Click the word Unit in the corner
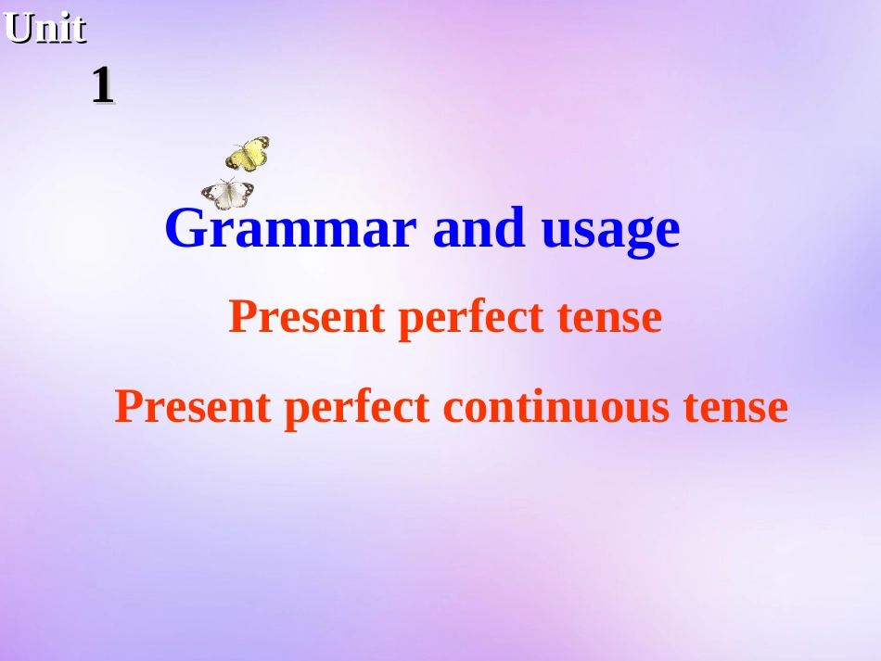pos(45,29)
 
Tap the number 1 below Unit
pos(102,86)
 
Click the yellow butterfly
pos(248,154)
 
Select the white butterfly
pos(228,194)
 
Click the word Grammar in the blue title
pos(290,229)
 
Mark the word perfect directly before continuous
pos(356,408)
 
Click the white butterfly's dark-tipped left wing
pos(212,196)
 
